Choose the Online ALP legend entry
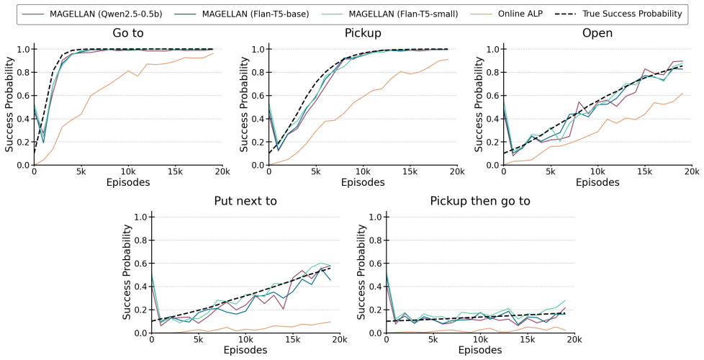tap(507, 14)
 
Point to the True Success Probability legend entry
tap(619, 14)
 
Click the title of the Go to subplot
tap(128, 33)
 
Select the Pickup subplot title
tap(363, 33)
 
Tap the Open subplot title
tap(597, 34)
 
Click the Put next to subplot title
tap(245, 201)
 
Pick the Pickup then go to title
tap(480, 201)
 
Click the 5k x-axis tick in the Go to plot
tap(81, 171)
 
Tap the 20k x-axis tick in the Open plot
tap(692, 171)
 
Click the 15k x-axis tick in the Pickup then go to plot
tap(527, 339)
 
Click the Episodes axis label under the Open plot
tap(597, 182)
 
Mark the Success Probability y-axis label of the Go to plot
tap(10, 104)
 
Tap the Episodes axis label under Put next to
tap(245, 350)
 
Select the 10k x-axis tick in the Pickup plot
tap(363, 171)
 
